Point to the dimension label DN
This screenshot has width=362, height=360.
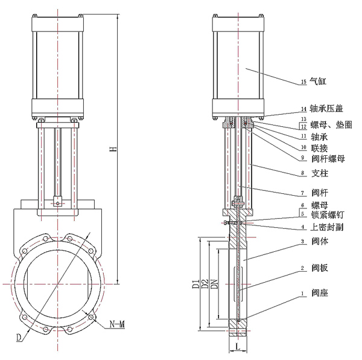pyautogui.click(x=215, y=281)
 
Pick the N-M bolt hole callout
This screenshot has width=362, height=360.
pyautogui.click(x=117, y=326)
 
